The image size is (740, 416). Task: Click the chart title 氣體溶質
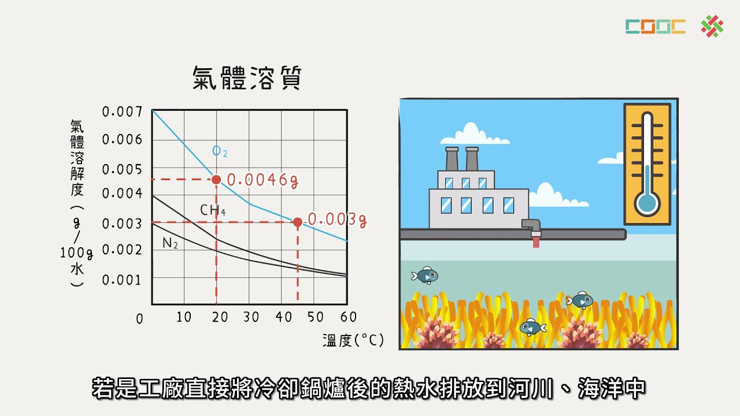[x=247, y=78]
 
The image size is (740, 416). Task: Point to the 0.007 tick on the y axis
[x=122, y=112]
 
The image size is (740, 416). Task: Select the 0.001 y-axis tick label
[x=122, y=280]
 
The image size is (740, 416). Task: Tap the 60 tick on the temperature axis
[x=348, y=317]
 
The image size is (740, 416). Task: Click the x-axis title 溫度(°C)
[x=353, y=340]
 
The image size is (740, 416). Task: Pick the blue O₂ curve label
[x=220, y=152]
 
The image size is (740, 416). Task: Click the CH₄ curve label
[x=213, y=210]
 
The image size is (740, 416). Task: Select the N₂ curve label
[x=170, y=243]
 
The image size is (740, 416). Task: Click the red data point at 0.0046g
[x=216, y=180]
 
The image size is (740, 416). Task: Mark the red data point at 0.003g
[x=297, y=222]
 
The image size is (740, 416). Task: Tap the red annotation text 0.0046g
[x=262, y=180]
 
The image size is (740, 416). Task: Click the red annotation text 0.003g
[x=338, y=220]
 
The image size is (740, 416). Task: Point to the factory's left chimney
[x=452, y=159]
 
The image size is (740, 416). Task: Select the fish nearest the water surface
[x=425, y=276]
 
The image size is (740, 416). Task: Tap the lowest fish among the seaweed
[x=532, y=327]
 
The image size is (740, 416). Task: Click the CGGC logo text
[x=655, y=27]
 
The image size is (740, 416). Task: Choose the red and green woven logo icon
[x=712, y=27]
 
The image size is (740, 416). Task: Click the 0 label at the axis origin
[x=139, y=319]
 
